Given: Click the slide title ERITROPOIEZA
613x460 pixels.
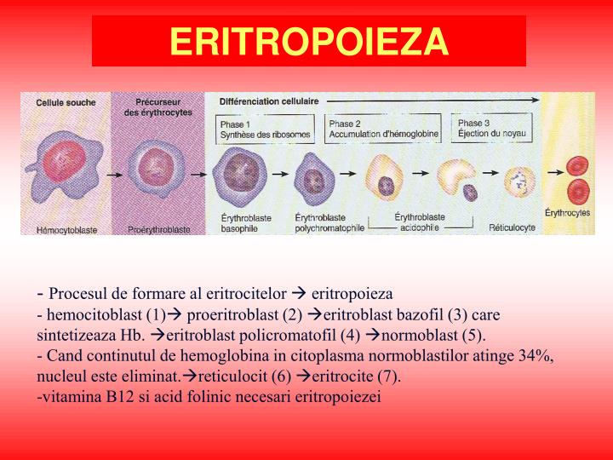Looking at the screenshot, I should click(x=308, y=41).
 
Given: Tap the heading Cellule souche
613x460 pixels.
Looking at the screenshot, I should click(x=66, y=102).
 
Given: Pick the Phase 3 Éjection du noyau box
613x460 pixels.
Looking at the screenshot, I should click(x=492, y=129).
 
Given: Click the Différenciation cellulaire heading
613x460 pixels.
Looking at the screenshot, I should click(x=269, y=101).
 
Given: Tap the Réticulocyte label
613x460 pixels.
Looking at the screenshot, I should click(x=511, y=228).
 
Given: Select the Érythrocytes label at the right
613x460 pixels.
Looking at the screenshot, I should click(x=568, y=212).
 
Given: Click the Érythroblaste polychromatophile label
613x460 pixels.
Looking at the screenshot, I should click(x=329, y=223).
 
